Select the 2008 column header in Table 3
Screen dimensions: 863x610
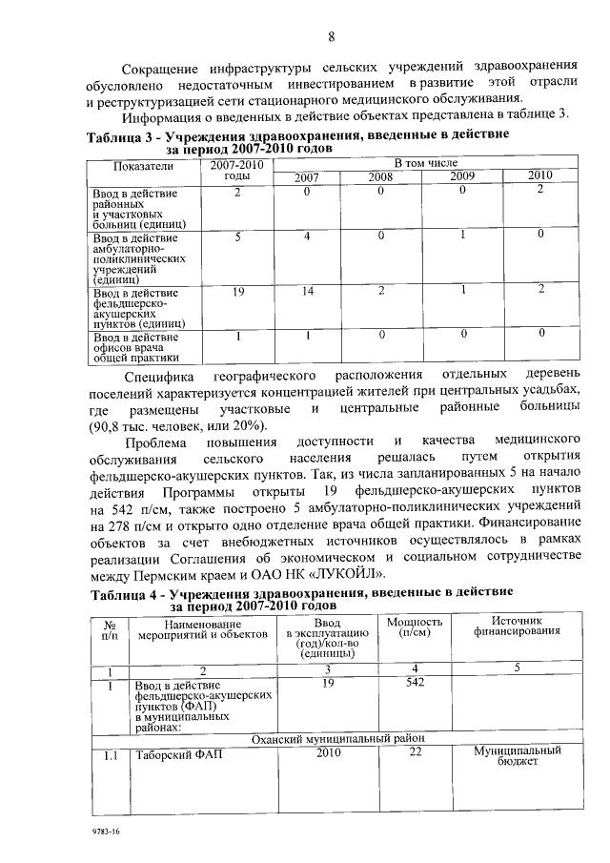(x=380, y=176)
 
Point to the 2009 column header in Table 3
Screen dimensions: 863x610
(x=462, y=176)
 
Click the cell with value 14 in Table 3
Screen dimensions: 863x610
(x=308, y=291)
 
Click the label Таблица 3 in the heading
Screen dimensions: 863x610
(x=123, y=137)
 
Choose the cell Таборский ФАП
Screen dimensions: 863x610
(x=167, y=753)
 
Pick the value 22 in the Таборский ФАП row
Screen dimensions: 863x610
(x=415, y=752)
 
